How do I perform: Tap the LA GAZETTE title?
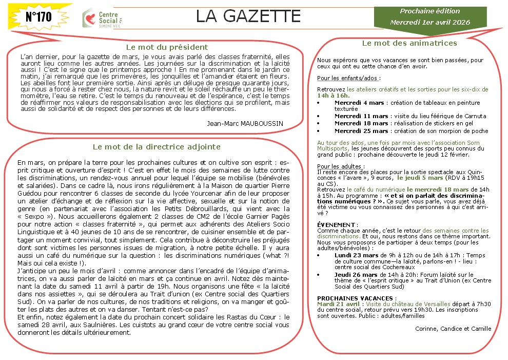pos(248,16)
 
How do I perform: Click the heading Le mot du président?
pos(160,47)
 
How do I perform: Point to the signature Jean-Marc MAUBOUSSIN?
pos(245,123)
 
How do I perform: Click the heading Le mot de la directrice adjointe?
pos(157,147)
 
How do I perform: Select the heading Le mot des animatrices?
pos(409,43)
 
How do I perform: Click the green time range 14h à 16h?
pos(334,96)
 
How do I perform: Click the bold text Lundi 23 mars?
pos(356,255)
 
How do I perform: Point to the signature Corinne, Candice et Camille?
pos(453,329)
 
